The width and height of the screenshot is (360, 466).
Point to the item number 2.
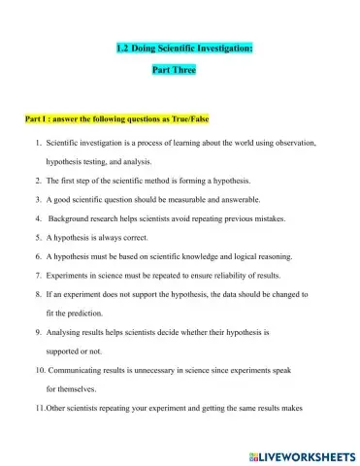coord(38,181)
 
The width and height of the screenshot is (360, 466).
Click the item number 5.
coord(38,237)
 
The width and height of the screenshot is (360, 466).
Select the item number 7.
coord(38,275)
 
